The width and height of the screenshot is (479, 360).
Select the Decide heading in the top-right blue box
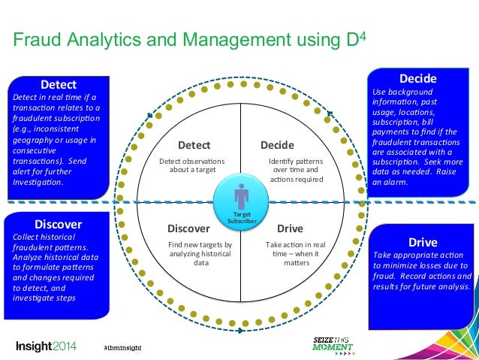click(x=417, y=78)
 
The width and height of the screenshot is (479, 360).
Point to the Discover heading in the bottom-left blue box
click(x=58, y=223)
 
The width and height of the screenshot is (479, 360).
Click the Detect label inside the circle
click(x=193, y=145)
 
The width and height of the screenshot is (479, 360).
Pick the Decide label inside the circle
click(x=277, y=145)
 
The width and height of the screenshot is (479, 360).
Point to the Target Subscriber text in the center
click(x=241, y=218)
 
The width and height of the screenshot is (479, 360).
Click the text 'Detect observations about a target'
click(x=193, y=165)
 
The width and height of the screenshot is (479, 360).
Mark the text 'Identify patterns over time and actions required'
click(x=296, y=171)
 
